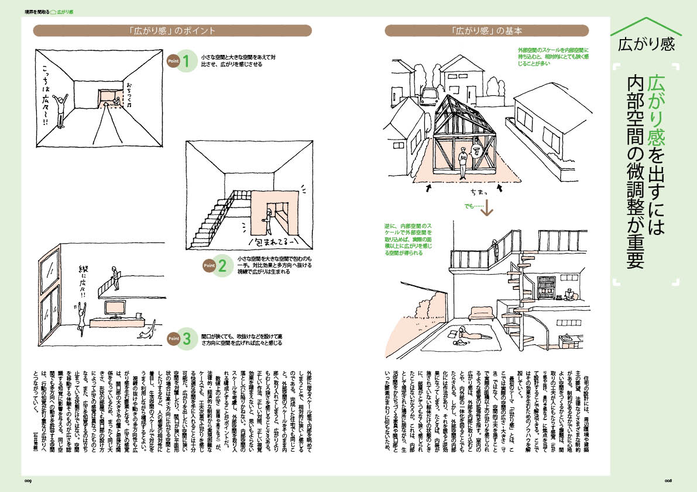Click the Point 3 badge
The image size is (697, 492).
[179, 339]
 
